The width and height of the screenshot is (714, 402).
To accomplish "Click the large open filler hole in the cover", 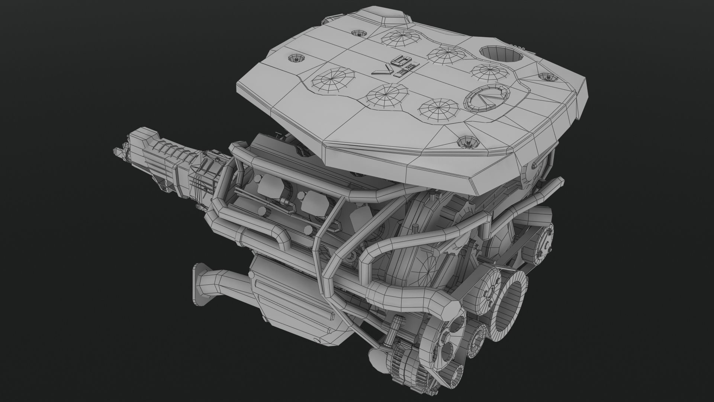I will pyautogui.click(x=501, y=54).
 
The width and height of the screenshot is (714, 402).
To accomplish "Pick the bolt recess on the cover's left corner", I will pyautogui.click(x=296, y=58).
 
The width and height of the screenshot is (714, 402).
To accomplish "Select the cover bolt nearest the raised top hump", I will pyautogui.click(x=359, y=33).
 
